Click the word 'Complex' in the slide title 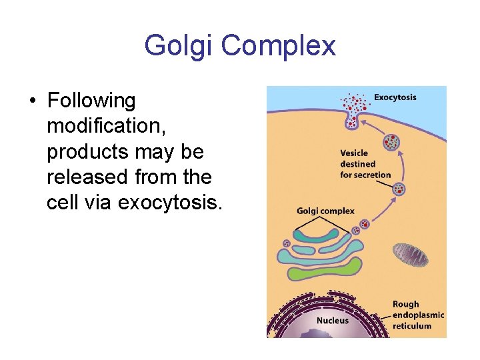point(279,46)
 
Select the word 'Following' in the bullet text point(91,101)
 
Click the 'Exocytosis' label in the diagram point(395,97)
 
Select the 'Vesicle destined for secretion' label point(365,164)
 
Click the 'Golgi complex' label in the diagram point(325,211)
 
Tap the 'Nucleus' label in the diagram point(332,321)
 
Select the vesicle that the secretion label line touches point(399,189)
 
